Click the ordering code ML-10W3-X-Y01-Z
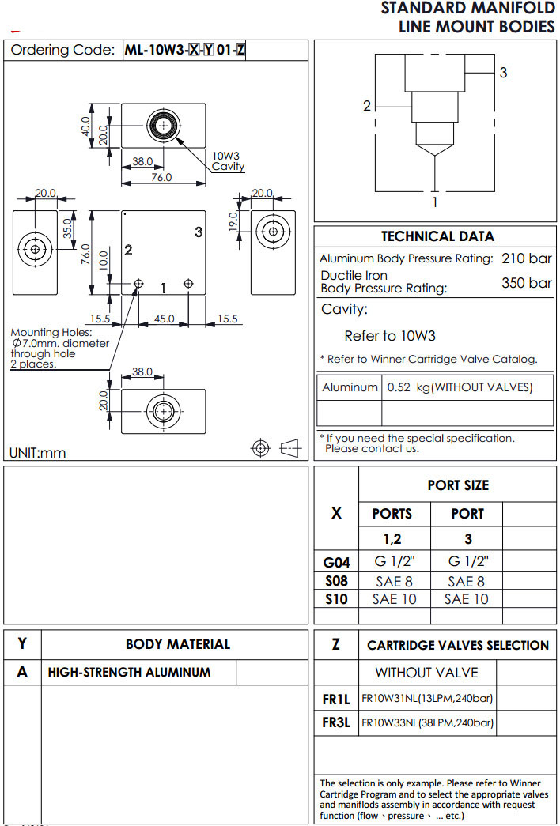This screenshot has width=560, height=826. coord(185,50)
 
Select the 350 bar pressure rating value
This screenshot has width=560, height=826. coord(526,282)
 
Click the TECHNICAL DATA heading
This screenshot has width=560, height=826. coord(437,236)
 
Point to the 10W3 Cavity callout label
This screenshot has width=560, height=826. coord(226,161)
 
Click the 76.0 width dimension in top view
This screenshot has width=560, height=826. coord(161,178)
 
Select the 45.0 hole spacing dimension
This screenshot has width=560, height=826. coord(164,319)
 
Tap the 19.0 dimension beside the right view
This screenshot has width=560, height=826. coord(233,221)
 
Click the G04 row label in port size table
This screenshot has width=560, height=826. coord(337,563)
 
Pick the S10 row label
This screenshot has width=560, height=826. coord(337,598)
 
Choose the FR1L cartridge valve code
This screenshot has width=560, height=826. coord(336,699)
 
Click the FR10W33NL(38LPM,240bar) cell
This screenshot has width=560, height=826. coord(427,722)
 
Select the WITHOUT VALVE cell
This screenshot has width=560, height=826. coord(426,673)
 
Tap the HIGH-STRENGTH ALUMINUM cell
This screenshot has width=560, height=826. coord(130,673)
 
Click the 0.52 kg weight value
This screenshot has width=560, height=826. coord(460,387)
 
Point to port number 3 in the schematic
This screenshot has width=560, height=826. coord(503,73)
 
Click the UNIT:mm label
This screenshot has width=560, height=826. coord(37,453)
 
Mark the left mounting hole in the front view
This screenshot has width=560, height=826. coord(139,283)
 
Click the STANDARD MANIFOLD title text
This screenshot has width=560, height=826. coord(467,9)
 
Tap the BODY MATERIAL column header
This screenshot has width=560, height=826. coord(178,644)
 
